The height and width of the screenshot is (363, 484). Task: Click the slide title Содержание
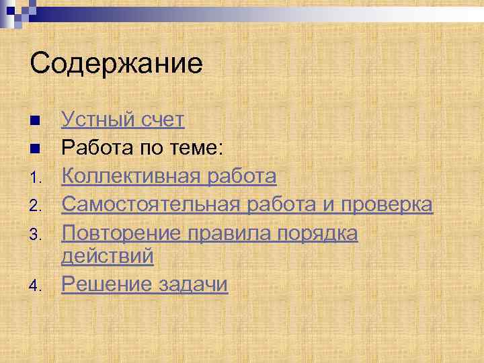point(116,65)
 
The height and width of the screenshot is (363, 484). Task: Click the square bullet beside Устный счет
point(35,121)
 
